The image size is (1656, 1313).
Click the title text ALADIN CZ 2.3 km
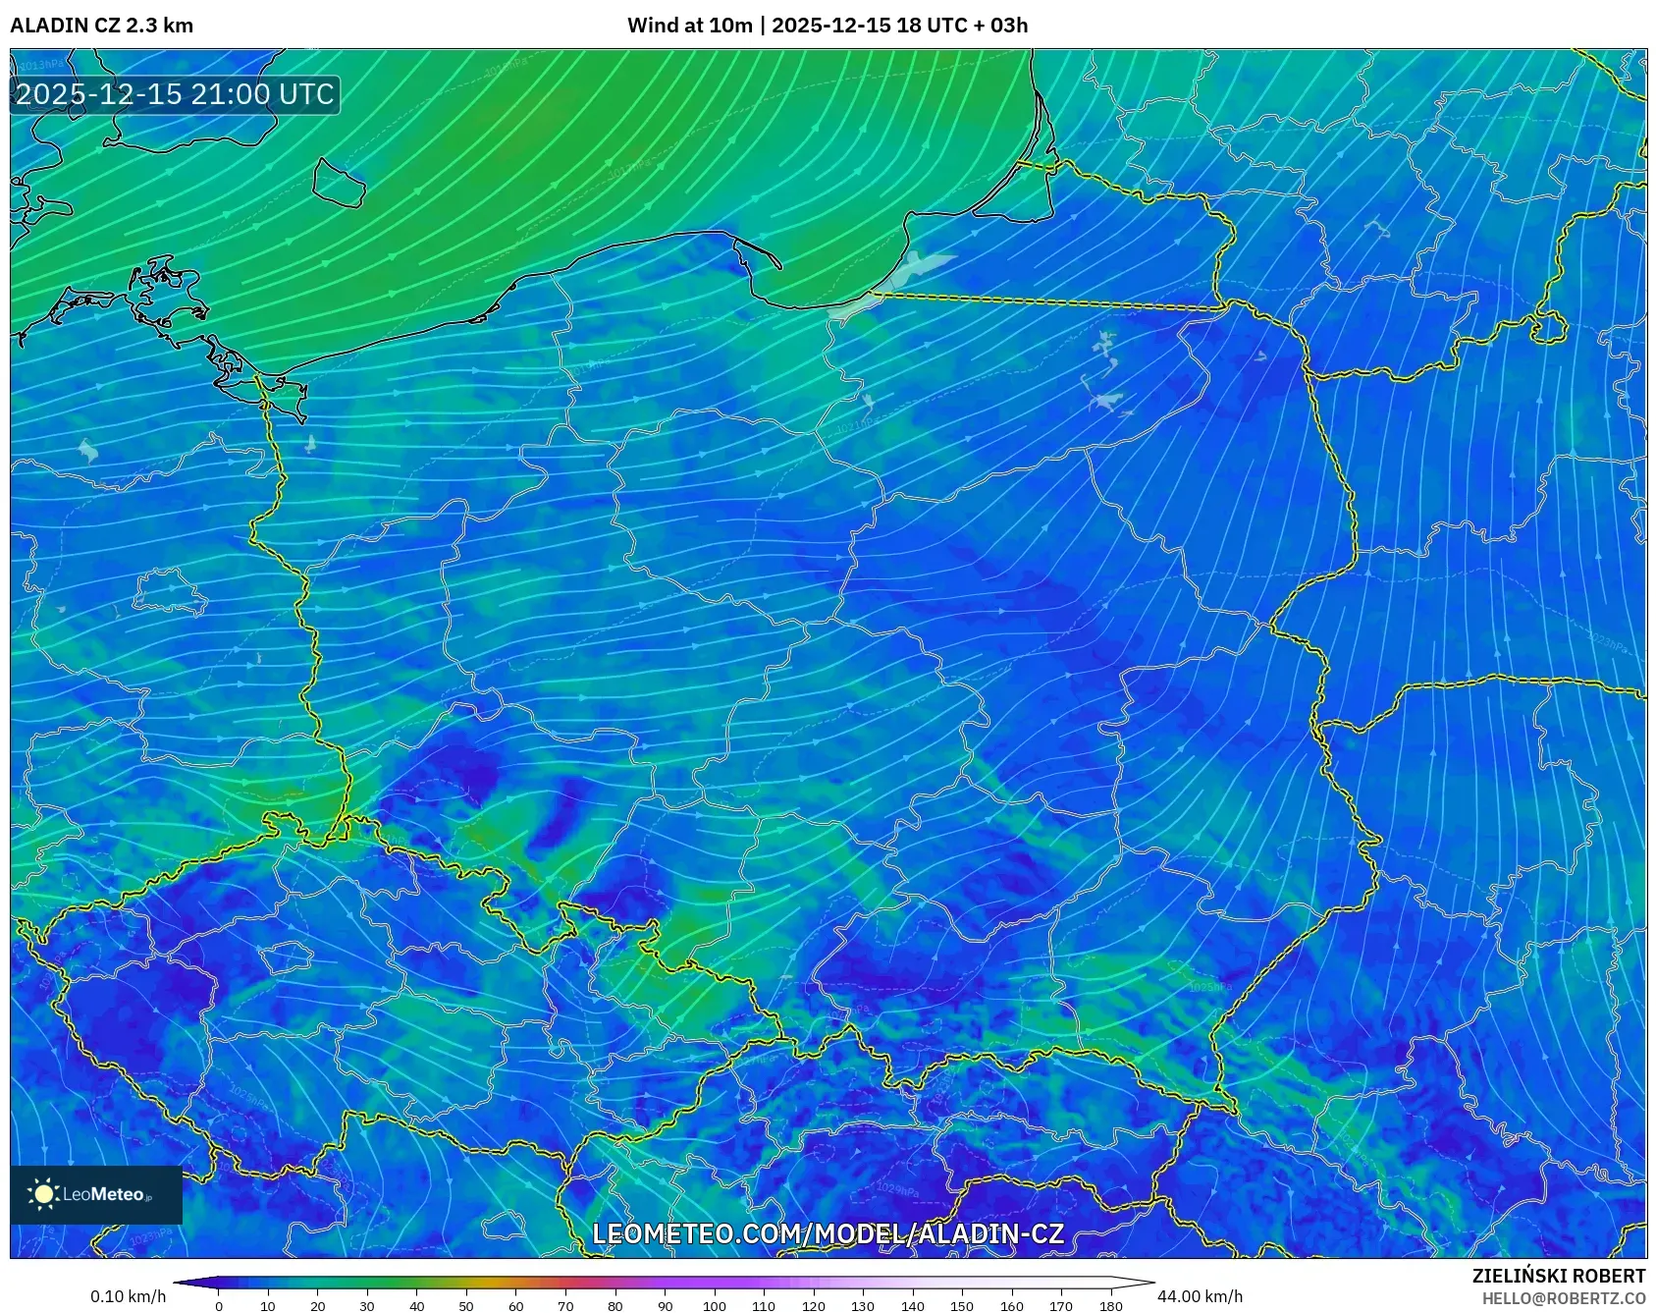pos(101,26)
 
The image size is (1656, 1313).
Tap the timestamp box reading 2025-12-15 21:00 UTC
pos(175,94)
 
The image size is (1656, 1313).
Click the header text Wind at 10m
pos(689,26)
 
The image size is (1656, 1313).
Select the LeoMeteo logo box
pos(96,1194)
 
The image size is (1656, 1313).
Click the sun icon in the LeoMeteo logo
pos(43,1194)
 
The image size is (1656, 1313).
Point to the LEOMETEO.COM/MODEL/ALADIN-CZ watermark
pos(828,1233)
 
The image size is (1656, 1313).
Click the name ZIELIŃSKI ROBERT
pos(1558,1276)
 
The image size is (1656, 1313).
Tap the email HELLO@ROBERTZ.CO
pos(1563,1298)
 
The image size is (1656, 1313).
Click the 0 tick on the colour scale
pos(219,1306)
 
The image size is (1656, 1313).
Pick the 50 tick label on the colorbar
pos(466,1306)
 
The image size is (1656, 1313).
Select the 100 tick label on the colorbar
pos(714,1306)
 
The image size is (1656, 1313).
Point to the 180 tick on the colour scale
pos(1110,1306)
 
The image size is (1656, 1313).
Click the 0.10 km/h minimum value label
pos(128,1296)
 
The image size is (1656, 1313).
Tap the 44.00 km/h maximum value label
pos(1200,1296)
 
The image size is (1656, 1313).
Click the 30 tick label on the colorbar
pos(367,1306)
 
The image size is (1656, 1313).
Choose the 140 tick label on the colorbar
pos(912,1306)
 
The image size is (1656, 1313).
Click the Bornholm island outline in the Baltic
pos(339,183)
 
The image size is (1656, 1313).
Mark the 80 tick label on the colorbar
pos(614,1306)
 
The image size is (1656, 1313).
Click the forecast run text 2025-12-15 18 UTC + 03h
pos(899,26)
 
